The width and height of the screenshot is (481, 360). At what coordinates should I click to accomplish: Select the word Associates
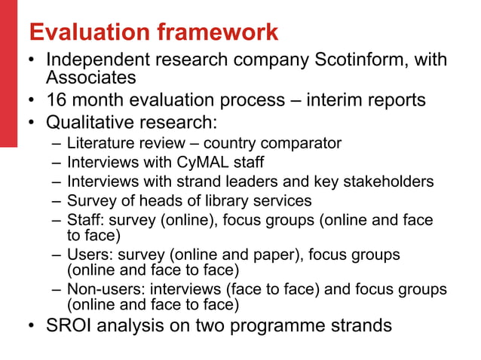pyautogui.click(x=90, y=77)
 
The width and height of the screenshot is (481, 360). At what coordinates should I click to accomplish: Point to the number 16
pyautogui.click(x=57, y=99)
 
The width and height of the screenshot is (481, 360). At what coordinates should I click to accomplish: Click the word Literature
pyautogui.click(x=97, y=143)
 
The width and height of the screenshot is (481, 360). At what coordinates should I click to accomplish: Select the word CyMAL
pyautogui.click(x=199, y=163)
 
